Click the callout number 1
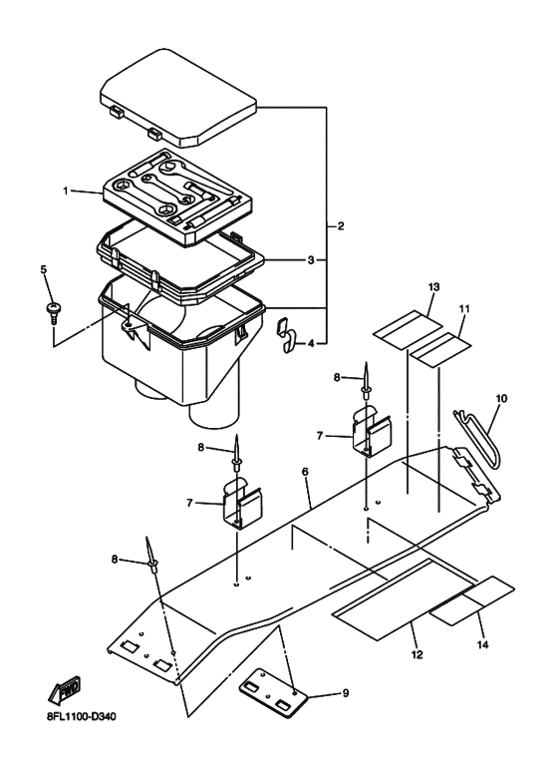pos(66,191)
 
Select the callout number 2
pos(341,226)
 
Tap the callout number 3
pos(311,260)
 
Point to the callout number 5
pos(44,269)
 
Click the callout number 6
pos(305,472)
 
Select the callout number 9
pos(346,693)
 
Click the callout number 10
pos(501,398)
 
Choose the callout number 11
pos(464,309)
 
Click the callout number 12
pos(418,654)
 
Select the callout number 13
pos(433,286)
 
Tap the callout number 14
pos(483,644)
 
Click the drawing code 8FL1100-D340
pos(82,717)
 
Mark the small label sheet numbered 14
pos(472,600)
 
